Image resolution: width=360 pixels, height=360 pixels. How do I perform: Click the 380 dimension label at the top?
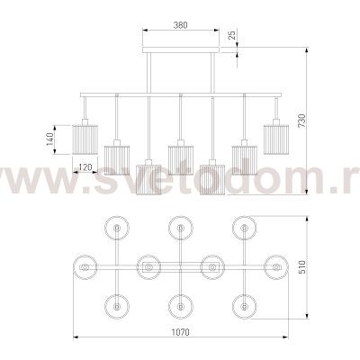click(181, 25)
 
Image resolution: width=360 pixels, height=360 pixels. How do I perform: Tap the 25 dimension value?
click(231, 35)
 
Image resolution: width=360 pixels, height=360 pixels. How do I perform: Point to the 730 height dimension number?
click(301, 121)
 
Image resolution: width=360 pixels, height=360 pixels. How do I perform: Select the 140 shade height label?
click(49, 139)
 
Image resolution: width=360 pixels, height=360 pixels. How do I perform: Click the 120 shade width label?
click(85, 167)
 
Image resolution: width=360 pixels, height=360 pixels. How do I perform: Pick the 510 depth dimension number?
click(301, 266)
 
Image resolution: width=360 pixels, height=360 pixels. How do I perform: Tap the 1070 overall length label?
click(181, 332)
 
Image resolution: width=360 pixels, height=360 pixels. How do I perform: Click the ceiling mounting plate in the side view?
click(181, 49)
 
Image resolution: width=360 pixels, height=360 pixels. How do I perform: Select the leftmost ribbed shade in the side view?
click(85, 139)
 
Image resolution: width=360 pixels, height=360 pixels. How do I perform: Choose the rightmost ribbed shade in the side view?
click(276, 139)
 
